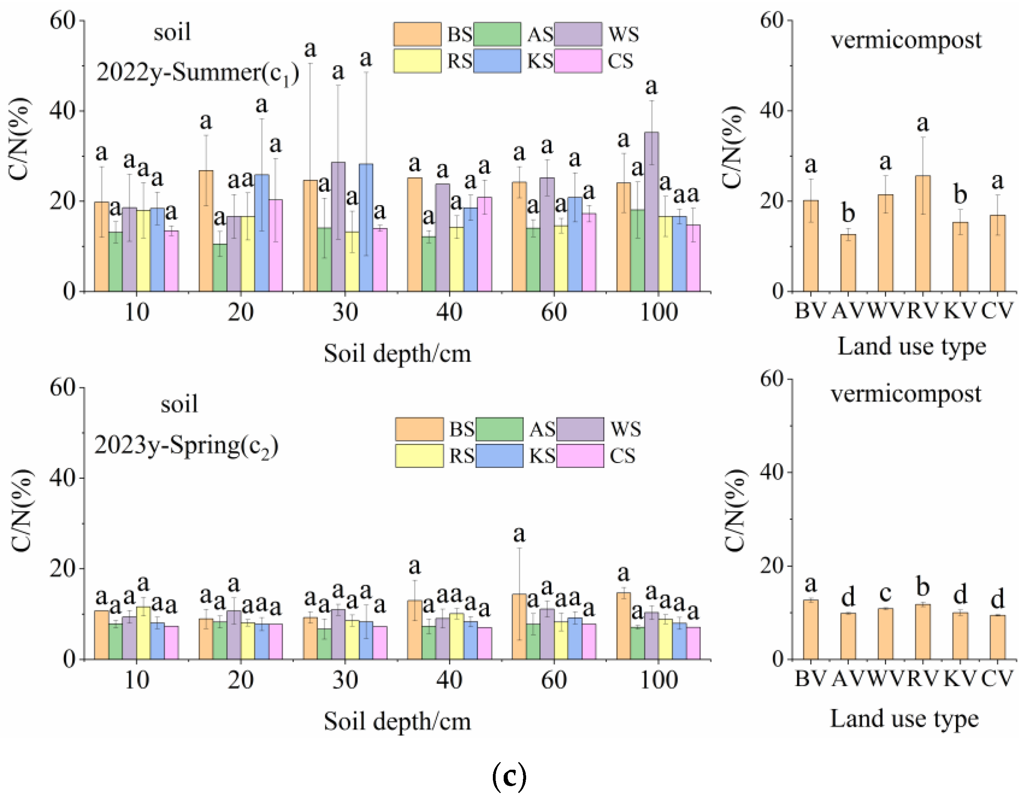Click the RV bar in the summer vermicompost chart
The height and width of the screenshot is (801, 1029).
pyautogui.click(x=922, y=234)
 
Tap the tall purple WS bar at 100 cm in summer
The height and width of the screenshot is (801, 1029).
pyautogui.click(x=651, y=212)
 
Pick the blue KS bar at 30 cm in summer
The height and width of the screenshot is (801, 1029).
pyautogui.click(x=366, y=228)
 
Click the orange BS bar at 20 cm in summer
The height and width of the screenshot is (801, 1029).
pyautogui.click(x=205, y=231)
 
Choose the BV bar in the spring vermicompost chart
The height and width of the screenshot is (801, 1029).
pyautogui.click(x=810, y=629)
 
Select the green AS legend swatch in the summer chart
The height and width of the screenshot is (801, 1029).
pyautogui.click(x=497, y=34)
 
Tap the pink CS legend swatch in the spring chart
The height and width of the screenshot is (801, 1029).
pyautogui.click(x=580, y=456)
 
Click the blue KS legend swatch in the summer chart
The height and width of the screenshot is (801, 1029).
pyautogui.click(x=497, y=61)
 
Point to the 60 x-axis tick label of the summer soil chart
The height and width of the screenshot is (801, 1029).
pyautogui.click(x=554, y=312)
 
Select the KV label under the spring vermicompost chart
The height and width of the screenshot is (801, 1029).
pyautogui.click(x=960, y=679)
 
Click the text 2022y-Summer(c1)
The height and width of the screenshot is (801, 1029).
pyautogui.click(x=198, y=73)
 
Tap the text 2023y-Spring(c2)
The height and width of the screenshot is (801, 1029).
pyautogui.click(x=186, y=445)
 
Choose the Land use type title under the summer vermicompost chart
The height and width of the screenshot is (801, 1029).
pyautogui.click(x=912, y=346)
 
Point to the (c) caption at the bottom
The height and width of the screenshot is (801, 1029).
pyautogui.click(x=509, y=777)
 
